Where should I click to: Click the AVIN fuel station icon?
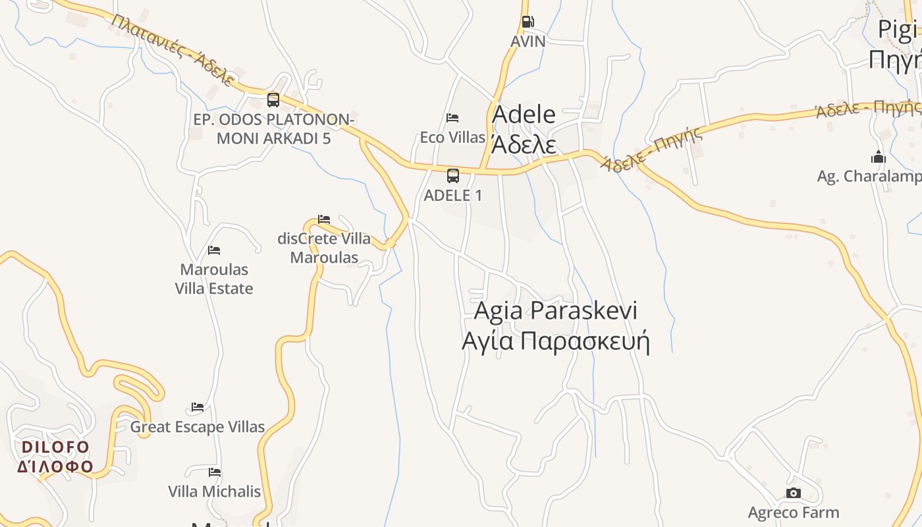pos(528,22)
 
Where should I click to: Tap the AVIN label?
pos(528,42)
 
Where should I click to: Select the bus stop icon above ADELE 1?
pos(453,175)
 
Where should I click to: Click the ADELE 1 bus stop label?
pos(453,196)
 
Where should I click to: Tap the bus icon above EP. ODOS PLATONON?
pos(273,100)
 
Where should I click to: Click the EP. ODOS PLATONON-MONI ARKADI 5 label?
pos(274,129)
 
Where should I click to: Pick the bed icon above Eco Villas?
pos(452,118)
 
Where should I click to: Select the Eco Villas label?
pos(452,138)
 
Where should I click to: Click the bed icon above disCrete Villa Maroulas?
pos(324,219)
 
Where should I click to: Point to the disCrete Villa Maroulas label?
pos(324,248)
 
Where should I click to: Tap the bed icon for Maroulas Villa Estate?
pos(214,250)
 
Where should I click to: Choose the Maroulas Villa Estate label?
pos(214,279)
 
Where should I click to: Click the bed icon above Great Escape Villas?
pos(198,407)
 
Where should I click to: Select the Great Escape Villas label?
pos(198,427)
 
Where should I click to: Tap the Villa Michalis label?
pos(215,491)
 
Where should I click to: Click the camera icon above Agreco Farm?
pos(794,493)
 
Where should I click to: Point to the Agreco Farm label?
pos(794,513)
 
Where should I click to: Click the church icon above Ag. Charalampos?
pos(878,157)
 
